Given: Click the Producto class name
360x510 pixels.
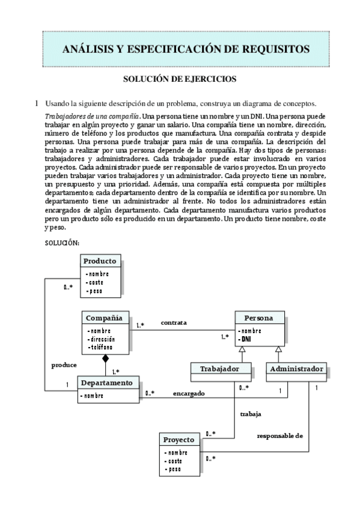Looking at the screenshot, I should [x=100, y=261].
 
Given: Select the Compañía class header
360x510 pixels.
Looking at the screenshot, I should [x=104, y=318].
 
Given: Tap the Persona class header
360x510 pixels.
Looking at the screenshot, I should [x=258, y=318].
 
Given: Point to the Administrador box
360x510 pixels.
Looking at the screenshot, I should [x=296, y=368].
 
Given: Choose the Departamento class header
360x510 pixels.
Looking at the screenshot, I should [x=108, y=382].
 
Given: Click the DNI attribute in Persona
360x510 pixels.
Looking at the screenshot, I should [x=245, y=339].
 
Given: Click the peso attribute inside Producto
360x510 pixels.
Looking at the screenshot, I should [x=94, y=291].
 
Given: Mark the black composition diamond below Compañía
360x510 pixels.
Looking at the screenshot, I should [x=105, y=359].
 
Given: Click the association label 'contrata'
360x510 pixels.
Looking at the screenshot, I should [x=174, y=323].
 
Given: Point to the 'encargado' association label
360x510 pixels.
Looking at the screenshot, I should [x=189, y=393].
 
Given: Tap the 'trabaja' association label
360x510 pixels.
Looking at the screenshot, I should [x=251, y=414].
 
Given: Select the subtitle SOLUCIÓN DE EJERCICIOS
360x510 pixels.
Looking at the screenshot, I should [x=180, y=79].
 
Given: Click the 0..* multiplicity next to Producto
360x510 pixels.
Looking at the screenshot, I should [x=69, y=287].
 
